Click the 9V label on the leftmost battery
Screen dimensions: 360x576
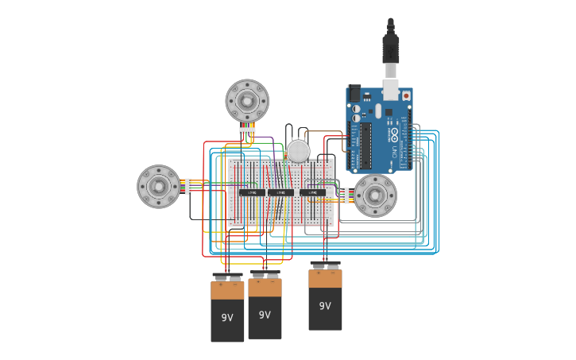227,318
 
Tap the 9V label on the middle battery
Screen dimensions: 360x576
265,315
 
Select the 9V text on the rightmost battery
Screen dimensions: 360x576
325,306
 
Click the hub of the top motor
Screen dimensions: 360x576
247,101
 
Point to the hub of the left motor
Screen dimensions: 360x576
159,187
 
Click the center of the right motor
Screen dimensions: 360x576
375,195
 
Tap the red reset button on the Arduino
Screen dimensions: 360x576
407,95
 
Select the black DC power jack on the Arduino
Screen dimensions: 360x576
354,93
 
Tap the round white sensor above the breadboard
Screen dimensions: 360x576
298,151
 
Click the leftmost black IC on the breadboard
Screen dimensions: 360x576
253,192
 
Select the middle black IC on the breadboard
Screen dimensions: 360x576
280,192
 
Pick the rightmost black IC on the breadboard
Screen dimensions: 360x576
312,192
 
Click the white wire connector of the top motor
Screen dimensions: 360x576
247,130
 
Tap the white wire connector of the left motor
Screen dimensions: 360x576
188,187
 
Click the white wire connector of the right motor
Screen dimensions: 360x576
346,195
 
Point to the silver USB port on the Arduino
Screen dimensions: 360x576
391,89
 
